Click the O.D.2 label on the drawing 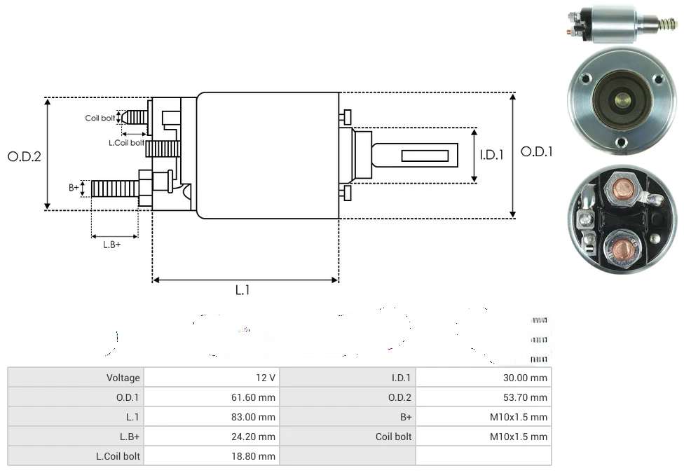(25, 156)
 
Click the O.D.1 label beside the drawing (537, 151)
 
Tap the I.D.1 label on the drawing (491, 155)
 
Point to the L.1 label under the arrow (242, 290)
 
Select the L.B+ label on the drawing (112, 245)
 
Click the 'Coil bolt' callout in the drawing (100, 118)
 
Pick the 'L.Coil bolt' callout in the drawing (126, 143)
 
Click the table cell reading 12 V (211, 378)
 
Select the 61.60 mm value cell (211, 397)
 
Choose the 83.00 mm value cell (211, 417)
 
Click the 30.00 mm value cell (484, 378)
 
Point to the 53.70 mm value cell (484, 397)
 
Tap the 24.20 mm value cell (211, 437)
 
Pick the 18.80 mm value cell (211, 456)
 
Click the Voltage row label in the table (76, 378)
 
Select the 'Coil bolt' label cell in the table (348, 437)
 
